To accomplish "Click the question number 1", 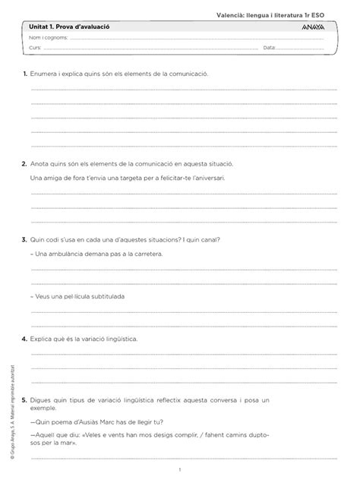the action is (x=25, y=74).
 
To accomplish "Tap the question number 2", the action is (x=25, y=163).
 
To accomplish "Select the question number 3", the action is (x=25, y=238).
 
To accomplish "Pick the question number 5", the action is (x=25, y=399).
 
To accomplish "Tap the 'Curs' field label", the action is (x=35, y=48).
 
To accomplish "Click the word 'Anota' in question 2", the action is (x=39, y=163).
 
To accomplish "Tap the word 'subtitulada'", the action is (x=105, y=295).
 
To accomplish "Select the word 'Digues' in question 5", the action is (x=43, y=399).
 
